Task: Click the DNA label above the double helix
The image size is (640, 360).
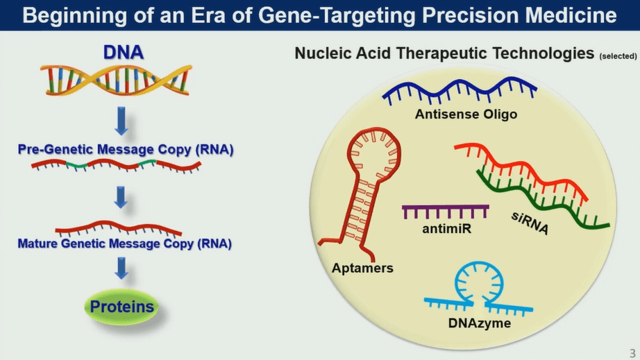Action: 123,53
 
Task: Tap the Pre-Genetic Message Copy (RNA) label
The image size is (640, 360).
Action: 126,148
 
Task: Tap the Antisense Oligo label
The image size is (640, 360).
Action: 466,114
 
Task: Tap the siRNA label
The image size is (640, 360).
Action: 530,223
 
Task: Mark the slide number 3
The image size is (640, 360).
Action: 631,352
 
